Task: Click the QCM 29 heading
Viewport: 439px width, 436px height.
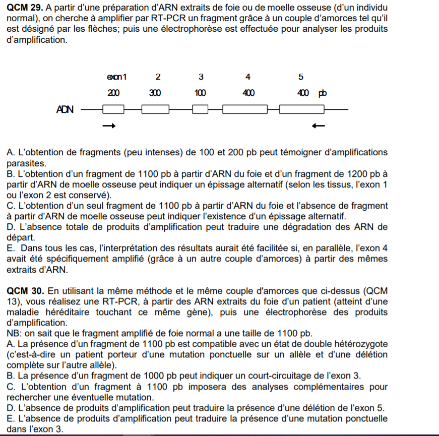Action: tap(26, 8)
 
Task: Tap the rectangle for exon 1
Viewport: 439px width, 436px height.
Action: tap(113, 109)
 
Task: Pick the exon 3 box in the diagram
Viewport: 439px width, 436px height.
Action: tap(201, 109)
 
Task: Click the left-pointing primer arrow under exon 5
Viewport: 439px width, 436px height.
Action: tap(318, 126)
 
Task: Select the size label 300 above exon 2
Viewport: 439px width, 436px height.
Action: tap(155, 93)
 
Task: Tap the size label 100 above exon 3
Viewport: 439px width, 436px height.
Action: tap(200, 93)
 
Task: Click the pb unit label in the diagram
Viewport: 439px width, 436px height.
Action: tap(322, 93)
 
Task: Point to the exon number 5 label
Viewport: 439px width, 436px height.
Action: tap(301, 77)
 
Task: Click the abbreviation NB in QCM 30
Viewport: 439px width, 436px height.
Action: tap(14, 333)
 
